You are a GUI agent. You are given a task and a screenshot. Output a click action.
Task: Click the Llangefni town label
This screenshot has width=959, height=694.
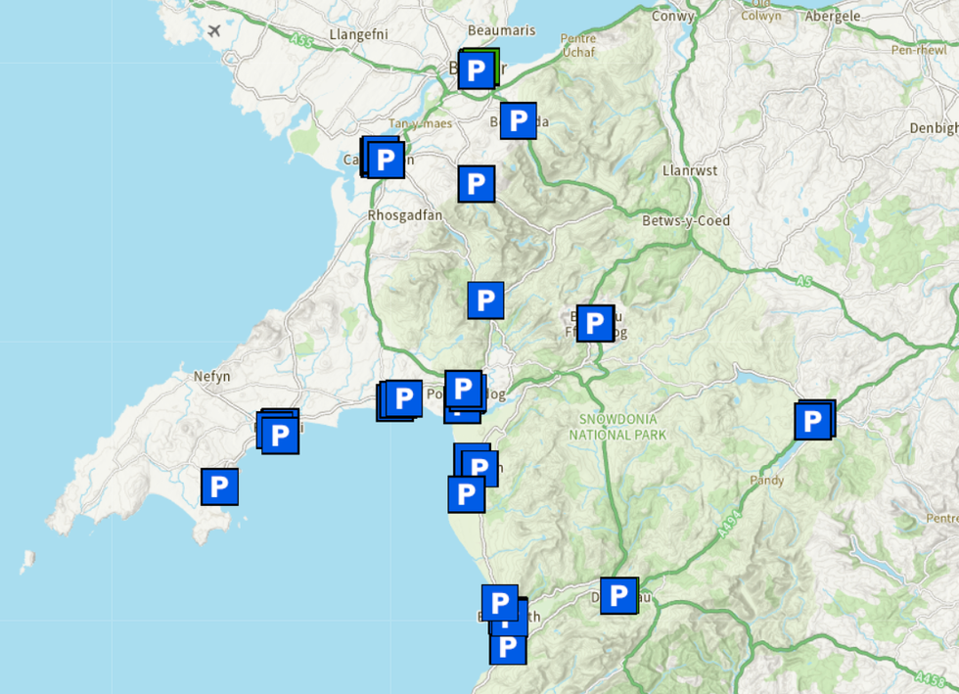359,34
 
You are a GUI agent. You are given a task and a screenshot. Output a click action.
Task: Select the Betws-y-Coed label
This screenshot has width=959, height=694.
685,220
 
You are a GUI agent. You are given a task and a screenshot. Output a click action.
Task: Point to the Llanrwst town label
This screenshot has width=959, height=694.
690,170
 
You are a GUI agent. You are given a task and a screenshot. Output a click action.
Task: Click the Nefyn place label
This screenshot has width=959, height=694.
210,376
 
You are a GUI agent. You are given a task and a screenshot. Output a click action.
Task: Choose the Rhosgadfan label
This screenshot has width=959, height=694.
405,215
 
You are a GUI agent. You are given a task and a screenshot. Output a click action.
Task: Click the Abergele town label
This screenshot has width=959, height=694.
832,16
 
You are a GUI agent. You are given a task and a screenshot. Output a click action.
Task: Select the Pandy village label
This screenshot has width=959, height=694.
767,481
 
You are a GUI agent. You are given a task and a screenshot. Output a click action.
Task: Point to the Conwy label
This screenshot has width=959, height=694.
673,16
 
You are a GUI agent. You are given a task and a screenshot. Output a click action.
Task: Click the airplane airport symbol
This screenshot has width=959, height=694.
214,29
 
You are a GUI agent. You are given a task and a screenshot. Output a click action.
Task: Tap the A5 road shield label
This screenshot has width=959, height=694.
804,281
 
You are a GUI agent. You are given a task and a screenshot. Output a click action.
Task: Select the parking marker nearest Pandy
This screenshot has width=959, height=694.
812,422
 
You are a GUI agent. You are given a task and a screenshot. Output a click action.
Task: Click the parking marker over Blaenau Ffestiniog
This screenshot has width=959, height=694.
595,323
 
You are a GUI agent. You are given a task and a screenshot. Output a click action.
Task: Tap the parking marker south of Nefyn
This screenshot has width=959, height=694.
219,486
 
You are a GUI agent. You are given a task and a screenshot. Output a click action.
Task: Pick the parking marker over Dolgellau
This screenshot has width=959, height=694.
618,594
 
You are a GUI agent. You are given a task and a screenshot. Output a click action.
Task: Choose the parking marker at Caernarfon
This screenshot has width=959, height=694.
386,159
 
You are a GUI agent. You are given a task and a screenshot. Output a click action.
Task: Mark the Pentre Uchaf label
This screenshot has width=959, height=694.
577,45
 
